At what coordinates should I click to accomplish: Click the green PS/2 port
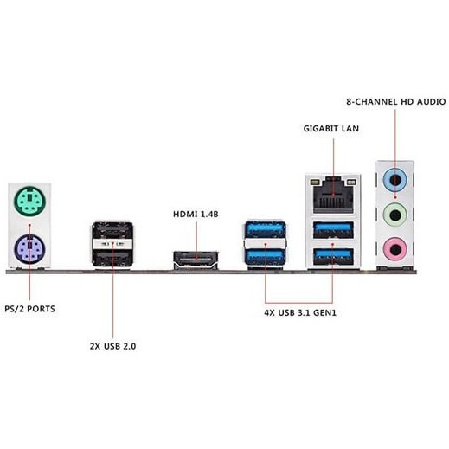29,202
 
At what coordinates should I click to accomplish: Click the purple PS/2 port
29,249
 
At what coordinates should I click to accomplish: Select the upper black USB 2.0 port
112,230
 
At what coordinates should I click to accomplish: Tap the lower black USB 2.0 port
112,258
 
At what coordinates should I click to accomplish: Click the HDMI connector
196,260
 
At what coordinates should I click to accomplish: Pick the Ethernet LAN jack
333,196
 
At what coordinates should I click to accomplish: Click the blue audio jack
395,181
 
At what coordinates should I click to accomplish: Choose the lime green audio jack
395,215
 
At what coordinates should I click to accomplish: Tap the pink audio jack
395,249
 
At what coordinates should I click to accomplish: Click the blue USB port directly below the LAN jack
333,229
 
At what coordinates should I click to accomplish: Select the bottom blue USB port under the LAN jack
333,256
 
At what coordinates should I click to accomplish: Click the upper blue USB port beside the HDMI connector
266,229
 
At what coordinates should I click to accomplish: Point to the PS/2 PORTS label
29,309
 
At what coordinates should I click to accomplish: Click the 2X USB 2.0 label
112,346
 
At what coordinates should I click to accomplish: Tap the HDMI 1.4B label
196,215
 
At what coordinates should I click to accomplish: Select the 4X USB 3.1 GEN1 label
300,312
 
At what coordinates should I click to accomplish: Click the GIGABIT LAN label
331,129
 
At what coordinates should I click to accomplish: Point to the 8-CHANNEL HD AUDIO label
396,102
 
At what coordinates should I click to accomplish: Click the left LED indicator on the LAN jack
315,183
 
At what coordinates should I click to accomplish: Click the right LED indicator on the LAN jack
351,183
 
